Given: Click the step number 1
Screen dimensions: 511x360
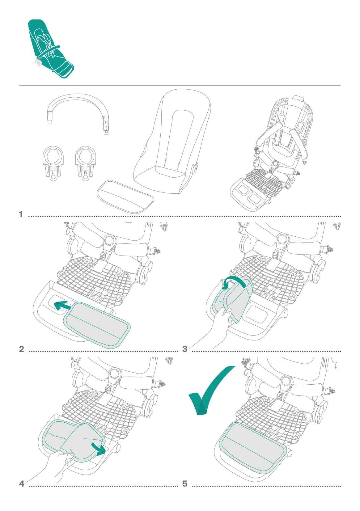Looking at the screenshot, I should coord(21,214).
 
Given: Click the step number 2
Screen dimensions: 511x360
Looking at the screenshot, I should coord(22,349).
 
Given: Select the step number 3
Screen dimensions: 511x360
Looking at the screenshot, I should coord(185,349).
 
